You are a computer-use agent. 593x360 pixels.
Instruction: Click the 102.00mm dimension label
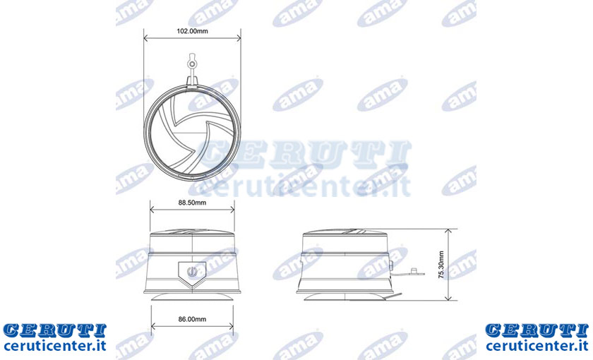click(192, 31)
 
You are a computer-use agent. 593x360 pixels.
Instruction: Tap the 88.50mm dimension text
click(192, 203)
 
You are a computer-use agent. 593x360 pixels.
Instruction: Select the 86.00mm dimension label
click(192, 319)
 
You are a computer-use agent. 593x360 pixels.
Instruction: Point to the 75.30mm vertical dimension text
click(441, 265)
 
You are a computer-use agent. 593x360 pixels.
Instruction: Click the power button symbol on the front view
click(192, 271)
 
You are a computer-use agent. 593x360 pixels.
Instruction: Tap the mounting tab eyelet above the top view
click(192, 64)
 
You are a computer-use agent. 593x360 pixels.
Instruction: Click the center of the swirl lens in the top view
click(192, 133)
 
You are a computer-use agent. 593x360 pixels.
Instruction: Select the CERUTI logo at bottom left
click(55, 330)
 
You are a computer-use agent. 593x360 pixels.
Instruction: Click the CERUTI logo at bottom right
click(537, 330)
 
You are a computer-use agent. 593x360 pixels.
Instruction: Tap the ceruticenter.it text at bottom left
click(55, 346)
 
